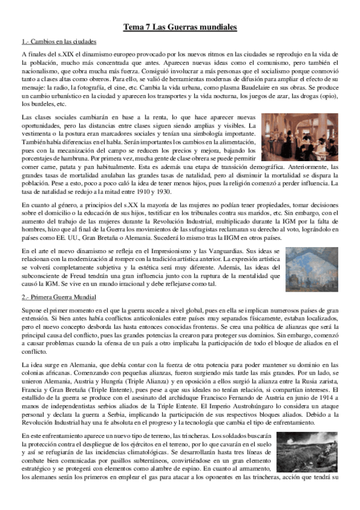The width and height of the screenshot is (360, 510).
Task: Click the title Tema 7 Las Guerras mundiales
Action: pyautogui.click(x=180, y=27)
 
